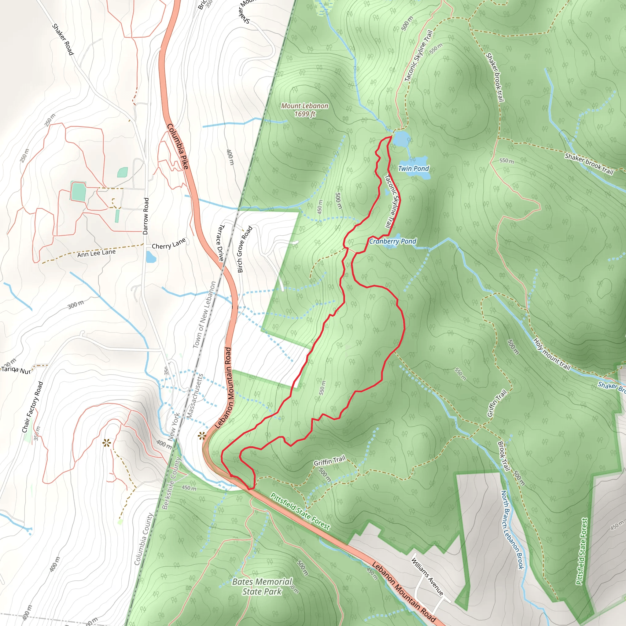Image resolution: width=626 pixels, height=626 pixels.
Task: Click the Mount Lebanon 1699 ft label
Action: coord(304,110)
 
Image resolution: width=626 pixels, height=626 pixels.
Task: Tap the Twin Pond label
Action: coord(413,168)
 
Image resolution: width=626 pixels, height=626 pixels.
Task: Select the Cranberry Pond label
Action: coord(392,241)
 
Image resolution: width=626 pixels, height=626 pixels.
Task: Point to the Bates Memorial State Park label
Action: coord(262,587)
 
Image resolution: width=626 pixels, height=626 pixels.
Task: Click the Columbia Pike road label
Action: coord(178,146)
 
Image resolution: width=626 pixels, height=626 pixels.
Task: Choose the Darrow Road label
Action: coord(146,216)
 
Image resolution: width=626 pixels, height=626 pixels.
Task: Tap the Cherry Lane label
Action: coord(169,243)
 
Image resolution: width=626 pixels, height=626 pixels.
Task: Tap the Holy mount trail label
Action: coord(551,354)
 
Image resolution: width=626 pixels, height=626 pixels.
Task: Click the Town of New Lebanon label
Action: coord(204,315)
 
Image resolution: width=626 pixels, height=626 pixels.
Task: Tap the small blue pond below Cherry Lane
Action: coord(151,257)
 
